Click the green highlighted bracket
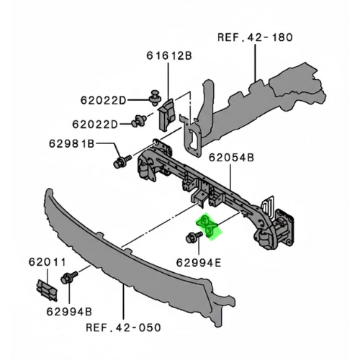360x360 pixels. [209, 226]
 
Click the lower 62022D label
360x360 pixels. [96, 123]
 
